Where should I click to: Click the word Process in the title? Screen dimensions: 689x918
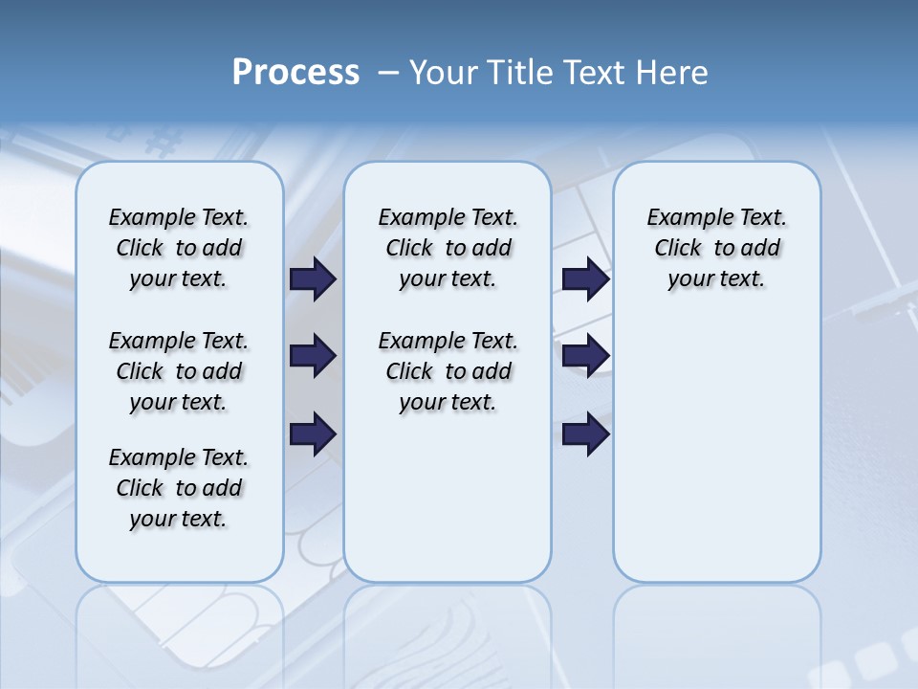[x=295, y=73]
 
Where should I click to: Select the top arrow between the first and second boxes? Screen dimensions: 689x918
[x=313, y=278]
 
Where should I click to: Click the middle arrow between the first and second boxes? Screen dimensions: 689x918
[x=313, y=356]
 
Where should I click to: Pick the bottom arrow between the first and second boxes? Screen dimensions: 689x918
[x=313, y=434]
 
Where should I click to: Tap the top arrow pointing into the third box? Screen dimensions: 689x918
[x=585, y=278]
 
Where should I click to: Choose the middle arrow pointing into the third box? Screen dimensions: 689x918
[x=585, y=356]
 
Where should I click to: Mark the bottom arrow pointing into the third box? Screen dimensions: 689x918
[x=585, y=434]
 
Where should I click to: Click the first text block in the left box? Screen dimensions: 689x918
[x=179, y=248]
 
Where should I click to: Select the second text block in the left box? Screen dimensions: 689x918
[x=179, y=371]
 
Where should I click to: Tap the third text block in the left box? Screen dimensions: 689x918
[x=179, y=488]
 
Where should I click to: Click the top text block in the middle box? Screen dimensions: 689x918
[x=448, y=248]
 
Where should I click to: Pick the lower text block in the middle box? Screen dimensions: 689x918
[x=448, y=371]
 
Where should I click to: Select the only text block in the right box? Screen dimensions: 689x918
[x=716, y=248]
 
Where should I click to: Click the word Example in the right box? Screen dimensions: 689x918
[x=681, y=217]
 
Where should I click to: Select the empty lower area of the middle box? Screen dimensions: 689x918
[x=448, y=498]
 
